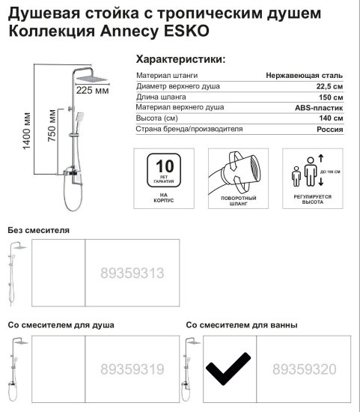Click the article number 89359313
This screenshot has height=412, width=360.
coord(132,274)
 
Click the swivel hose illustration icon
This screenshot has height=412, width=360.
coord(235,171)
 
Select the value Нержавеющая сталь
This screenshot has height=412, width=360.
coord(305,76)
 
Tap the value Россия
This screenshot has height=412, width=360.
coord(331,130)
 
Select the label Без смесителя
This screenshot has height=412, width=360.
coord(38,230)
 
